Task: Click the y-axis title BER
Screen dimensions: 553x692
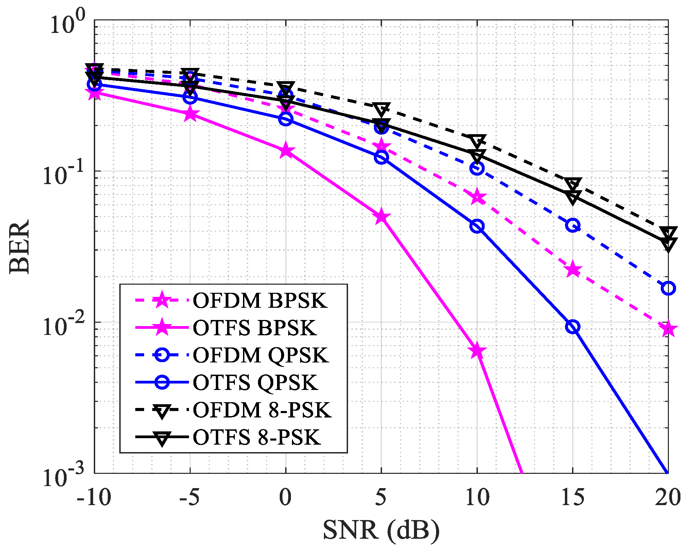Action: [19, 246]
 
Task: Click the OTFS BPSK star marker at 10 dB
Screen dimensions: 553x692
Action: [477, 351]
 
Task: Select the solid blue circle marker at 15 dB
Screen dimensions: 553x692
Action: [573, 327]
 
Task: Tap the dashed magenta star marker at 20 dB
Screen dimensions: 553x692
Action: [668, 329]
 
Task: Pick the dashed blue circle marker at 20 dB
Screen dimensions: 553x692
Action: [668, 288]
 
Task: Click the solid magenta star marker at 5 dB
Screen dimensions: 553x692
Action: [381, 217]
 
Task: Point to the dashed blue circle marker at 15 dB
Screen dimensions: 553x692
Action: [573, 225]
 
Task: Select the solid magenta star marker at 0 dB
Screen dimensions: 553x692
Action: [286, 150]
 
